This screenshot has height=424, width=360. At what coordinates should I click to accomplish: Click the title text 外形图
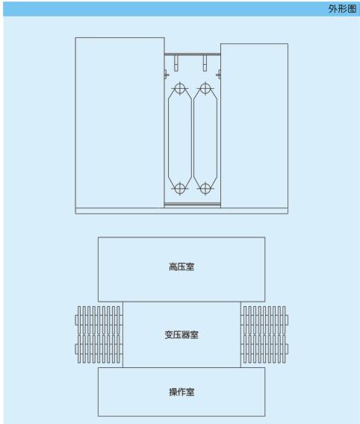342,9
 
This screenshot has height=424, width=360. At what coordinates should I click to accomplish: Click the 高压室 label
181,267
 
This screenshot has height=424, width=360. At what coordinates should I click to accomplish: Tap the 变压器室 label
181,334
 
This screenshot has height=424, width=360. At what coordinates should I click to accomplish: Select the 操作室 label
181,392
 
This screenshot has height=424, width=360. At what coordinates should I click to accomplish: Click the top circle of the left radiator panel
179,88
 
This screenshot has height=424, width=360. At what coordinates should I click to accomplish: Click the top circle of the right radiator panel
205,88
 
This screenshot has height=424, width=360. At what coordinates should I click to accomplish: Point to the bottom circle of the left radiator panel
179,188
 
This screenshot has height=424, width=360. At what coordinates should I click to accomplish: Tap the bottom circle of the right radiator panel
205,188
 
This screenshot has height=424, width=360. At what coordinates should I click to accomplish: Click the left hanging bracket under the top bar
176,63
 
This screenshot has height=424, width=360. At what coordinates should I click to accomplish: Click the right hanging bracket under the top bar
205,63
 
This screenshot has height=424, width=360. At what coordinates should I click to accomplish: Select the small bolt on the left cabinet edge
167,75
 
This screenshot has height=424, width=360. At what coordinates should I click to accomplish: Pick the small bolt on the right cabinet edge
219,75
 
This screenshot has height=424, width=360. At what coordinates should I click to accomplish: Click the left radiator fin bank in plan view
99,334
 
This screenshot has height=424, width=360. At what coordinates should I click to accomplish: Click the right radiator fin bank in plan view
264,334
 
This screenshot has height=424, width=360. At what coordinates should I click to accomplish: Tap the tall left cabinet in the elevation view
120,122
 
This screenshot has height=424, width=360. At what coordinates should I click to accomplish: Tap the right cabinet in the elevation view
254,125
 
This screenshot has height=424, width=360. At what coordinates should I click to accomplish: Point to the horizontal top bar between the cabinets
192,54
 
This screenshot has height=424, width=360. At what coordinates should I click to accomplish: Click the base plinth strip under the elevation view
181,211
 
